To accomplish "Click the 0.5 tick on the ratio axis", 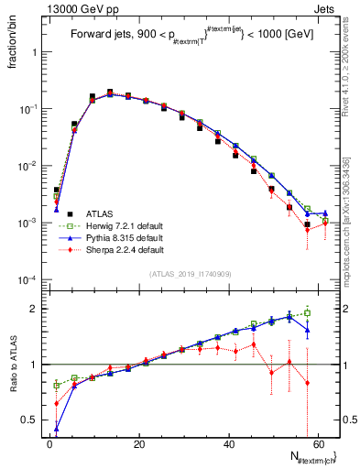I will click(x=30, y=420).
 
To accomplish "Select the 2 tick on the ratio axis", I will click(x=35, y=309).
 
